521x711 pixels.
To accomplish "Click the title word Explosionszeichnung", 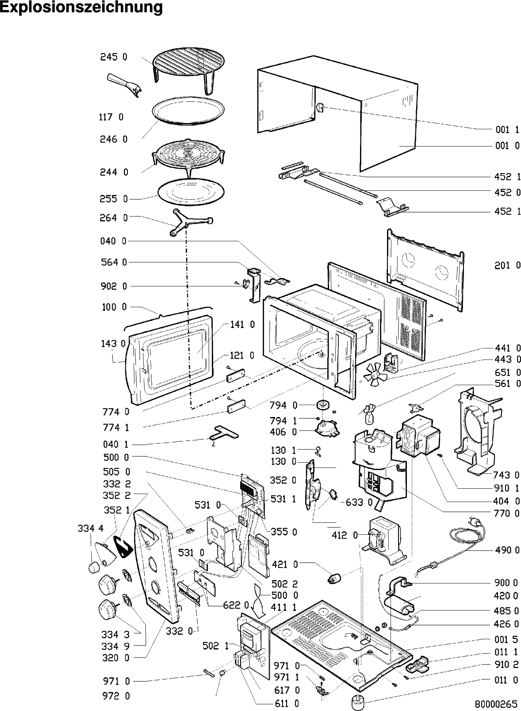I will pos(81,8).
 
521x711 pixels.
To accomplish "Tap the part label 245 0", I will pos(113,57).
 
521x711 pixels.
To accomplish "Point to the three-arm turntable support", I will pos(190,221).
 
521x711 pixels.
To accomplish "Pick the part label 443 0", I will pos(507,359).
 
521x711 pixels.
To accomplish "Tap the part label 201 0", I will pos(507,266).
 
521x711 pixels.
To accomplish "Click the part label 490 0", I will pos(507,550).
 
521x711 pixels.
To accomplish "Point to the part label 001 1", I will pos(507,130).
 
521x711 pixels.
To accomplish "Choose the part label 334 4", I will pos(90,528).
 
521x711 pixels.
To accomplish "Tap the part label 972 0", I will pos(116,696).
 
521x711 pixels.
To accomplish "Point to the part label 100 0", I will pos(114,307).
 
